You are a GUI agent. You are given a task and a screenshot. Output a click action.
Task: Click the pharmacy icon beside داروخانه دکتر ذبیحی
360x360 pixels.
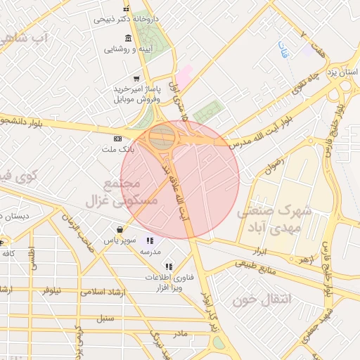coord(126,8)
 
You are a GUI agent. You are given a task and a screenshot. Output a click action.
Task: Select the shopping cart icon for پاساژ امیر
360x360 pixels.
coord(136,79)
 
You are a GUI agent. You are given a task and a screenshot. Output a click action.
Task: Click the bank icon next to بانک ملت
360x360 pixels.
coord(117,138)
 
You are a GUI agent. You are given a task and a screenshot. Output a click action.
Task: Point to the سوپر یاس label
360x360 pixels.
coord(118,240)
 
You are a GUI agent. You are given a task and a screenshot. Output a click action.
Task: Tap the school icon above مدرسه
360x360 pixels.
coord(149,241)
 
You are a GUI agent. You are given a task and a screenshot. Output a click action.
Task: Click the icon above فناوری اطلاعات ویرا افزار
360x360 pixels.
coord(168,266)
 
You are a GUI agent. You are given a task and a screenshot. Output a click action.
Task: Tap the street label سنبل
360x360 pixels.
coord(105,318)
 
